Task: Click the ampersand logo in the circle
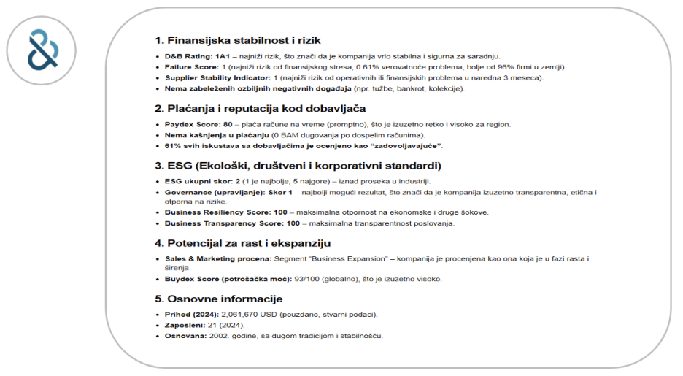(42, 48)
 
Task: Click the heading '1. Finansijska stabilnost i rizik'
(237, 40)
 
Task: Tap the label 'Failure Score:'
(189, 66)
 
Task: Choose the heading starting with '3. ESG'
(298, 166)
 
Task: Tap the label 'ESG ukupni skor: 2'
(199, 181)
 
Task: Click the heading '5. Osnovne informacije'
(218, 299)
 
